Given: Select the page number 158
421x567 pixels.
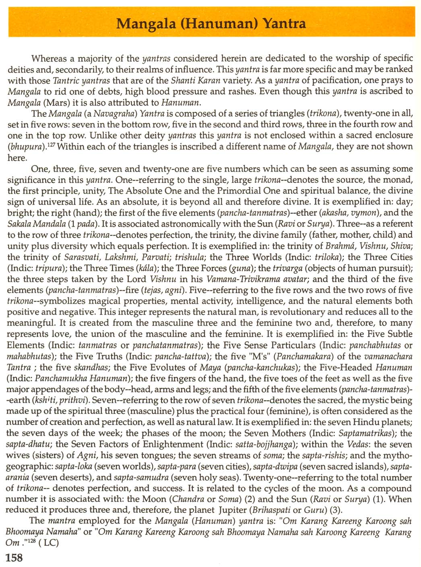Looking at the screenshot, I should tap(14, 558).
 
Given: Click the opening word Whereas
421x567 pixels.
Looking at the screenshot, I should tap(49, 59).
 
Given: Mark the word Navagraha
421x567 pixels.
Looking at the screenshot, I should tap(116, 114).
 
